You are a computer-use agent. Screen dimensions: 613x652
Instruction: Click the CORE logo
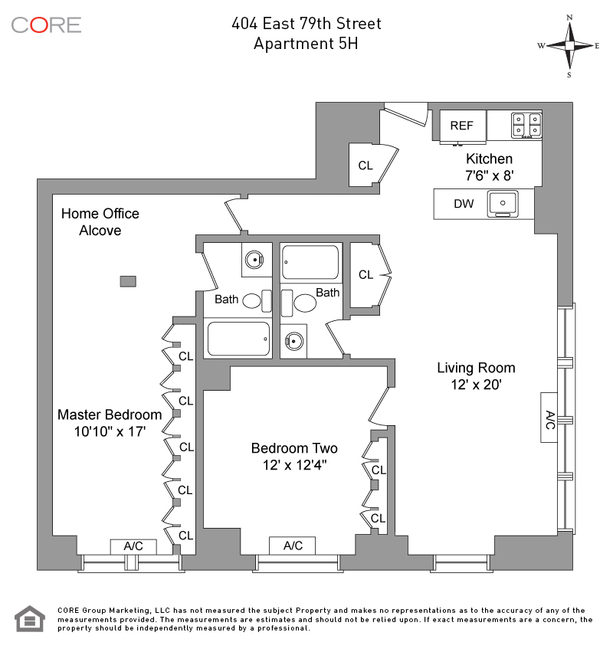coord(46,25)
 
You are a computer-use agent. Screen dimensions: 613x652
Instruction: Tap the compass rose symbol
coord(569,45)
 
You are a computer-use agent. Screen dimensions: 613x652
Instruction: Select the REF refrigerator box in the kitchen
coord(462,126)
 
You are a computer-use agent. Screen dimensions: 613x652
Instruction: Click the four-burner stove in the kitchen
coord(526,124)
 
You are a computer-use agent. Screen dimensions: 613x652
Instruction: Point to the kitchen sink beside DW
coord(505,203)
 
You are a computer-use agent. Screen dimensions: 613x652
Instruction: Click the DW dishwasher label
coord(464,204)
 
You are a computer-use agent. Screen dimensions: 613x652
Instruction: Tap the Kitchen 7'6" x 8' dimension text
coord(490,166)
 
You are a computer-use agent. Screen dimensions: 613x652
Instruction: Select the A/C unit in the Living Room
coord(549,418)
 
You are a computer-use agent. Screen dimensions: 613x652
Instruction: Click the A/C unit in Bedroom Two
coord(293,546)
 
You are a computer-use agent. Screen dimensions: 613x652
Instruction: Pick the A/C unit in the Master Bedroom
coord(133,546)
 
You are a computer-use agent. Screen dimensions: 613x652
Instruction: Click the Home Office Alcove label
coord(100,221)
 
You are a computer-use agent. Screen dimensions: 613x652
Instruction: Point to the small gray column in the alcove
coord(129,281)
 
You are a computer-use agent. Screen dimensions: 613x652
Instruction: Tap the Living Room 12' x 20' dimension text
coord(476,376)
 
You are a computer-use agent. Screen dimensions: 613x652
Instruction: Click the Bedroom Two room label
coord(294,456)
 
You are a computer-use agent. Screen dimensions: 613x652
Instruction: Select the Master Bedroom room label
coord(110,422)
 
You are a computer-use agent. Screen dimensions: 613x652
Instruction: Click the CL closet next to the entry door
coord(366,165)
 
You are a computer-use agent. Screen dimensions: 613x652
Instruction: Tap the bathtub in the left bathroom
coord(238,339)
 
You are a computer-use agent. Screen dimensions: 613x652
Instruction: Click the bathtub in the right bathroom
coord(310,262)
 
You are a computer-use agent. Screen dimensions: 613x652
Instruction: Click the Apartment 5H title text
coord(306,43)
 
